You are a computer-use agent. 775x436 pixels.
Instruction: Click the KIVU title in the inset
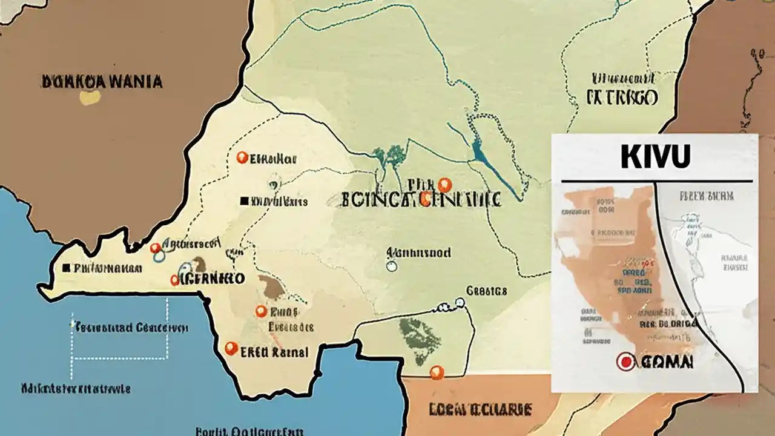656,156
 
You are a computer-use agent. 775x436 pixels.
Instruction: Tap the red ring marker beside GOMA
625,362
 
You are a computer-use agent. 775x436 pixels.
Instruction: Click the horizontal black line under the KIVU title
657,181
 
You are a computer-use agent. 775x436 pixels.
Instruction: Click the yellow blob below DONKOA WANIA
90,97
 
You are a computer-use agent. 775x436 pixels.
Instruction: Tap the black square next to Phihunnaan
67,267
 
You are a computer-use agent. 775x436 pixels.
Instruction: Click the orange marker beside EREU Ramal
231,348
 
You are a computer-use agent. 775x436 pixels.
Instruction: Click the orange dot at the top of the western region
242,158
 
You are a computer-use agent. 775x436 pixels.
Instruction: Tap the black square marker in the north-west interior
244,200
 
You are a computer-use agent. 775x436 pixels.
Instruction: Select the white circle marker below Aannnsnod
391,265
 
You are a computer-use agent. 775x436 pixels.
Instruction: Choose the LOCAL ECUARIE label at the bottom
480,410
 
